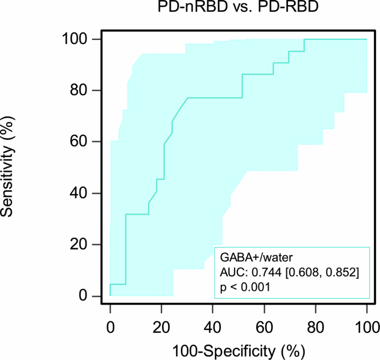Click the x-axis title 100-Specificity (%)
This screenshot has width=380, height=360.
point(239,351)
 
